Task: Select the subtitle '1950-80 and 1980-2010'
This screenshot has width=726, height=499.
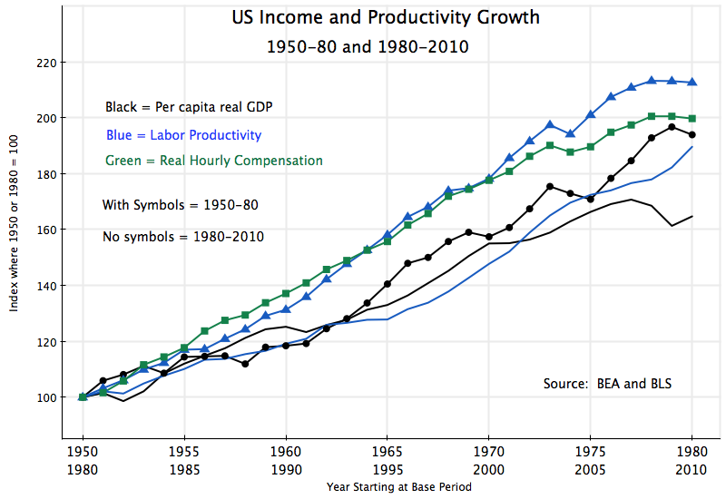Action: pos(368,46)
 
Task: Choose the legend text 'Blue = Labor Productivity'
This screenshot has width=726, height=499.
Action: pos(183,135)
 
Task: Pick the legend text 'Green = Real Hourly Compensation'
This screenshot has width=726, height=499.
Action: pos(213,161)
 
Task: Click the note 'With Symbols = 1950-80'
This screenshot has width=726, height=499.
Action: pos(181,205)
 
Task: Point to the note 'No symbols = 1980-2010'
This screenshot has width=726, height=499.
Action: pos(183,237)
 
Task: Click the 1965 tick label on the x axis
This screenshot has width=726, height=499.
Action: pos(388,451)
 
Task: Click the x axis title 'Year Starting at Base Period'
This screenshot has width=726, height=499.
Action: pos(399,487)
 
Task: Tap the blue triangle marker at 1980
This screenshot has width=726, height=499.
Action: pos(692,83)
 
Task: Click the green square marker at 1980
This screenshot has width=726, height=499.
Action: pos(692,118)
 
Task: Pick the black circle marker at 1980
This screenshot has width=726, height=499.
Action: pos(692,134)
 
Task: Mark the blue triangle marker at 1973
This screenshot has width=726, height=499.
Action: pos(550,124)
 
